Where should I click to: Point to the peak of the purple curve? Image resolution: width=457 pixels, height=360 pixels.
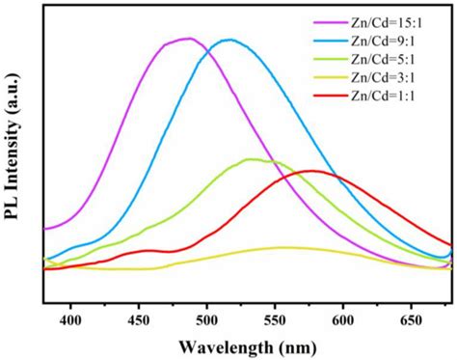tap(187, 39)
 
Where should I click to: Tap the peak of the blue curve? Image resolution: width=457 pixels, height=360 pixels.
tap(228, 40)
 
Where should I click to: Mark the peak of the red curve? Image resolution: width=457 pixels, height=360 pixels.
tap(312, 171)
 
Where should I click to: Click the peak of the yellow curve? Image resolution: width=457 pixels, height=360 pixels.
tap(282, 247)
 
